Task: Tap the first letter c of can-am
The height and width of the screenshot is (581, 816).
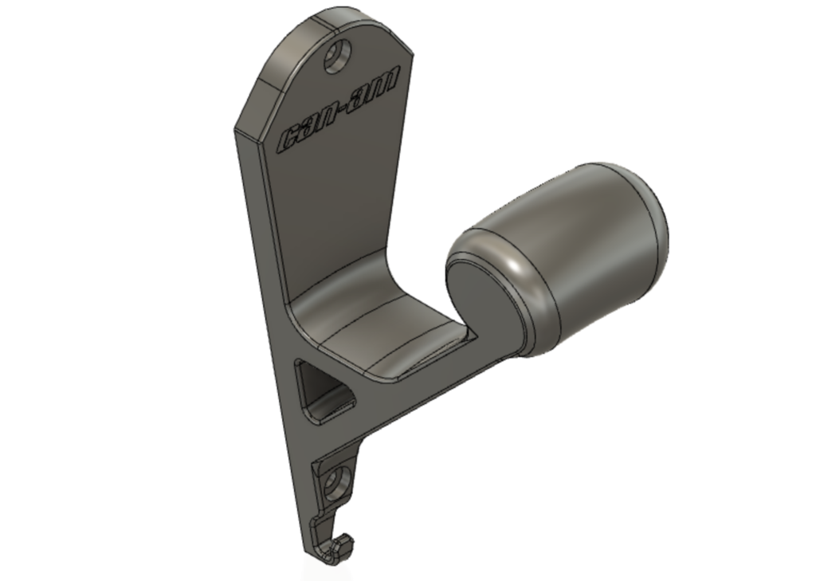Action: point(289,138)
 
